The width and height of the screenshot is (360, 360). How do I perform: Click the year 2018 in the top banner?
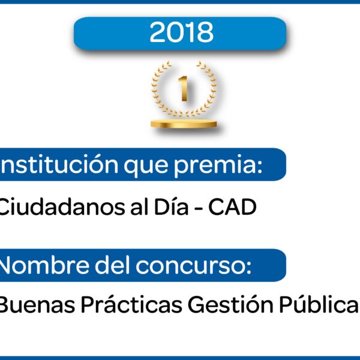[181, 32]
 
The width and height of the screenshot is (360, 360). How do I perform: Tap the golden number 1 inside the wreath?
[184, 88]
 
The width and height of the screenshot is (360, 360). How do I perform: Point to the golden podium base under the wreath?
[184, 124]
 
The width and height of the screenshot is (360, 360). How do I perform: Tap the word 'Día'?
[171, 207]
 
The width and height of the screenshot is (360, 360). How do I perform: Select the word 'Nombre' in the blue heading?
[44, 265]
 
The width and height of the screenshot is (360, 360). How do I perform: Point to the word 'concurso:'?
[194, 266]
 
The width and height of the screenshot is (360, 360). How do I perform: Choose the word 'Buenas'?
[37, 305]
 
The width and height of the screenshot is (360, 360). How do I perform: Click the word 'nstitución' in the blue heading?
[59, 164]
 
